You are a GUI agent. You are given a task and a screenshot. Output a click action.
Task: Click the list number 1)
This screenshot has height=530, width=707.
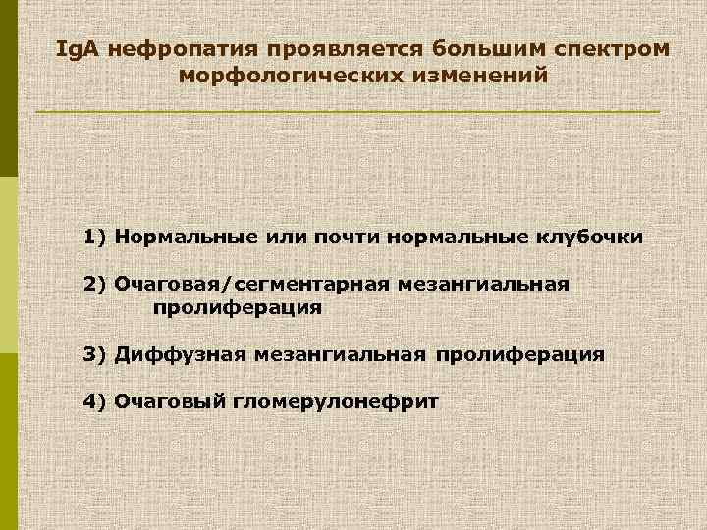(95, 237)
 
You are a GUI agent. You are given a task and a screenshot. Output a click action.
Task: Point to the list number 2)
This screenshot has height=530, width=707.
(95, 285)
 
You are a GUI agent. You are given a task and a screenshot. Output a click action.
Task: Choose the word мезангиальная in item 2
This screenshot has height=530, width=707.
(485, 285)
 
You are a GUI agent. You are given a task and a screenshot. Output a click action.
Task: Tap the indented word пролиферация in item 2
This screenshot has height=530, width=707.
(237, 307)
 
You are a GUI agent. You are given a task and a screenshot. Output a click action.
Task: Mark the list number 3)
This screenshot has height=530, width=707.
(95, 353)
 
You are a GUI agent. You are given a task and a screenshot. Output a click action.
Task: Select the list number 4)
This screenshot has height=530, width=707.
(95, 400)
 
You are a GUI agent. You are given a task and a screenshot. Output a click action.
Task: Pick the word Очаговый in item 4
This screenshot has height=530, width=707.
(169, 400)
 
